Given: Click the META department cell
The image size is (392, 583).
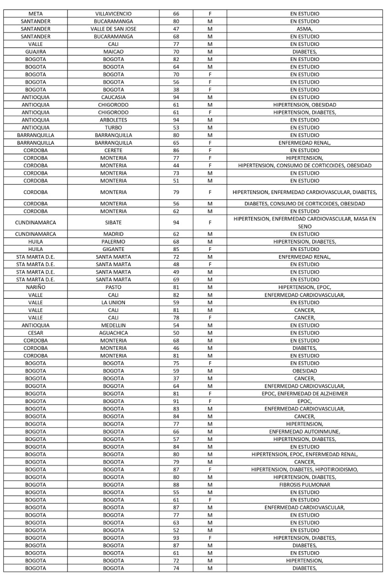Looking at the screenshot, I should point(36,14).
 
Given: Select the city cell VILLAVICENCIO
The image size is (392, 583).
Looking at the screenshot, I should point(113,14).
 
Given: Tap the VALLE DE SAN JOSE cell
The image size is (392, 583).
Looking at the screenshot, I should point(113,29).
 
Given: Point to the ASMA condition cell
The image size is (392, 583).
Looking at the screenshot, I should point(304,29).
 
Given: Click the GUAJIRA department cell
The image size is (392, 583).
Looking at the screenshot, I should point(36,51).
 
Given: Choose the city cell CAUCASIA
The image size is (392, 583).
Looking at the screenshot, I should point(113,97).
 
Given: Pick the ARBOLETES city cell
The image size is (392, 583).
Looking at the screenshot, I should point(113,120).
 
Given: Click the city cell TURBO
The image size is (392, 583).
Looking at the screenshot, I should point(113,128).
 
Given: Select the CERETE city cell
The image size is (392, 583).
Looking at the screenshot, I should point(113,150).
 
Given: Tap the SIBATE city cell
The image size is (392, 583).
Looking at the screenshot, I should point(113,222).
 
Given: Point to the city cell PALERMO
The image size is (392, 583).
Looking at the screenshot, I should point(113,241).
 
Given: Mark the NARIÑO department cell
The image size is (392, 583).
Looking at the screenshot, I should point(36,287).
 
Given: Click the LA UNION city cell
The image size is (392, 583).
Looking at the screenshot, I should point(113,302).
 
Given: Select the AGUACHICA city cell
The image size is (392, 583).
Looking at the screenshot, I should point(113,332).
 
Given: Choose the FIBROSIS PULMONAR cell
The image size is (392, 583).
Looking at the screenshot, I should point(304,485).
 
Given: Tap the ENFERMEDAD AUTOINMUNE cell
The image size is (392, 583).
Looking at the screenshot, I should point(304,431).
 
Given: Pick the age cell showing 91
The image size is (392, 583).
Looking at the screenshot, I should point(176,401).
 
